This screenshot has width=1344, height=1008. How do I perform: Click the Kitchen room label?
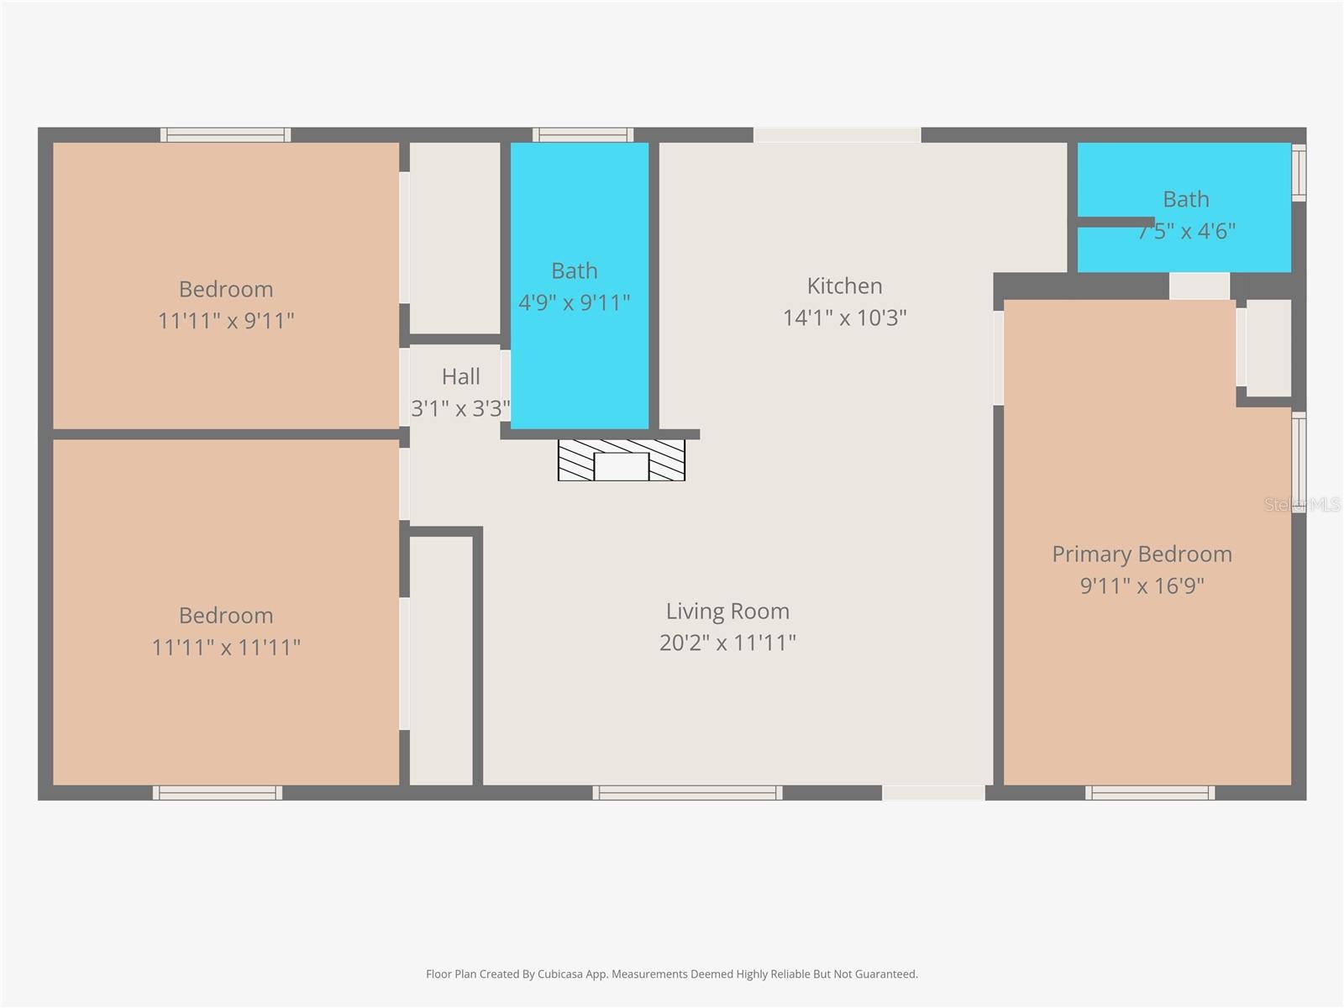844,286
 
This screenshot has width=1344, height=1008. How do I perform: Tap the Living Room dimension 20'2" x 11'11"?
727,643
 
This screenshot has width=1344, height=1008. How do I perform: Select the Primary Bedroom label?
1142,554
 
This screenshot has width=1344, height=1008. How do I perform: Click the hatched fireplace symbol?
622,460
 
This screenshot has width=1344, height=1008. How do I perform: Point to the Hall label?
460,377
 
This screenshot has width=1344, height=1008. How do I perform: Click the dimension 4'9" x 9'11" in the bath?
575,302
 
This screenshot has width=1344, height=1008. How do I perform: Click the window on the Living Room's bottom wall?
687,792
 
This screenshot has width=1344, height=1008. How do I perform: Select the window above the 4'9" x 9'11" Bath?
583,134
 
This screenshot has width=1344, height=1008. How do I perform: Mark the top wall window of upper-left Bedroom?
226,134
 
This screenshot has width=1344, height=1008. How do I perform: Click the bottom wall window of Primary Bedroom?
1149,792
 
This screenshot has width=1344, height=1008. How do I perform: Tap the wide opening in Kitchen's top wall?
837,134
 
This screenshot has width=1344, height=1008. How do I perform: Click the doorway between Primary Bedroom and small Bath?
1199,286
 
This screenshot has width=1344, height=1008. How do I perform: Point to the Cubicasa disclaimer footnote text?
671,974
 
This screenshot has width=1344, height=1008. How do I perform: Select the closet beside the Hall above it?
454,238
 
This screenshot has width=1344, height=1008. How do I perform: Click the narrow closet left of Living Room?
440,660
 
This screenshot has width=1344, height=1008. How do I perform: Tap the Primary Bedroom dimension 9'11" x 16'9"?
1142,585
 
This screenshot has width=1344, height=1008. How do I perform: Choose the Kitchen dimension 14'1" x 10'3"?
844,318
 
